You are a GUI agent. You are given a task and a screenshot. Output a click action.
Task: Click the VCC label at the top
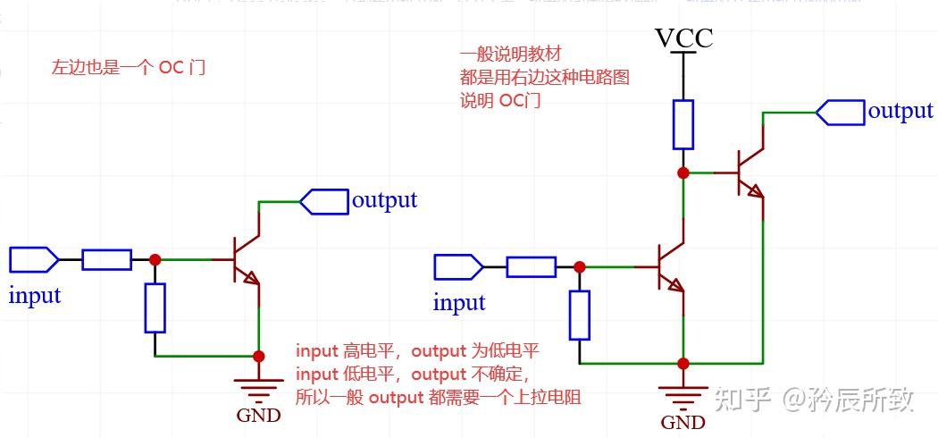(684, 38)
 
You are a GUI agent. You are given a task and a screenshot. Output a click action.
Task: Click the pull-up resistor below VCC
(683, 124)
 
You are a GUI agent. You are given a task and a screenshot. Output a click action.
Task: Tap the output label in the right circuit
(900, 111)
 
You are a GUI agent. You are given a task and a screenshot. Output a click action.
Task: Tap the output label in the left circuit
(384, 199)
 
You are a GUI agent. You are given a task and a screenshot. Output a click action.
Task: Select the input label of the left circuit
(35, 295)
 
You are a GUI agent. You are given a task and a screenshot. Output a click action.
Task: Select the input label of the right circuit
(459, 302)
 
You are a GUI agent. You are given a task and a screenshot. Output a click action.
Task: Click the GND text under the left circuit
(258, 415)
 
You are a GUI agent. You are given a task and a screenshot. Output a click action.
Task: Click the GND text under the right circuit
(683, 422)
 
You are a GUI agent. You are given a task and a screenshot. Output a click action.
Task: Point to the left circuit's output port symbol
(323, 201)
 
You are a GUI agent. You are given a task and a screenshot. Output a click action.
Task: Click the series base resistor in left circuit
(107, 260)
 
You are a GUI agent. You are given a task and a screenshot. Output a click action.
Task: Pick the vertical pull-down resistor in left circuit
(155, 308)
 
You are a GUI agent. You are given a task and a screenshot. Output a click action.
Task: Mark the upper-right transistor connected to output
(750, 172)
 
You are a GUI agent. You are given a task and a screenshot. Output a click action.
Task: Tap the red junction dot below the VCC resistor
(683, 173)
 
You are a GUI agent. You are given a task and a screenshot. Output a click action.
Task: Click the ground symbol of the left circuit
(258, 386)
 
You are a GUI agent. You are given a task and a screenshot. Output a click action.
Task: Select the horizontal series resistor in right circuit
(531, 266)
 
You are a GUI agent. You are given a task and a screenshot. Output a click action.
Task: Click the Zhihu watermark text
(812, 399)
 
